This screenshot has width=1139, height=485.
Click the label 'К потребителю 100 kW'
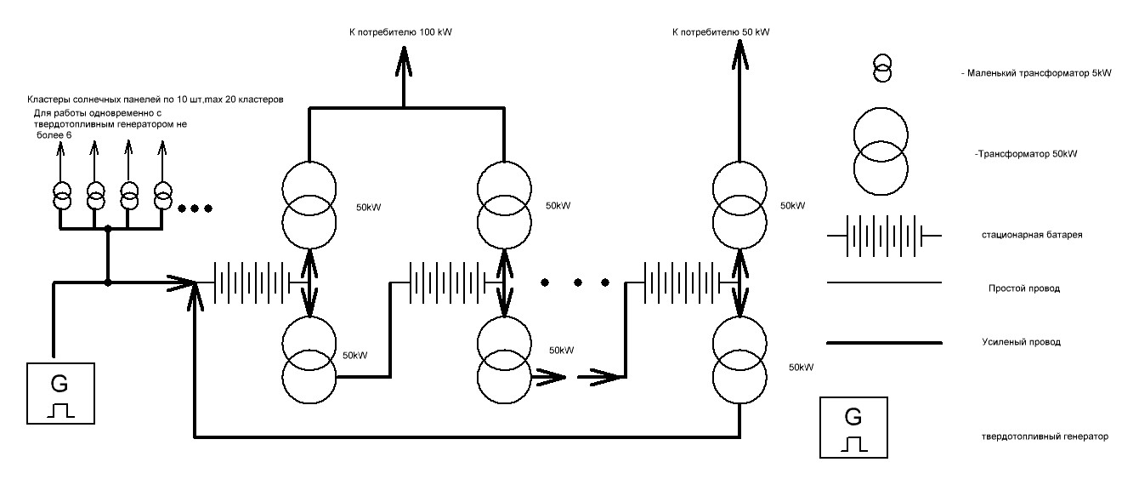(x=400, y=32)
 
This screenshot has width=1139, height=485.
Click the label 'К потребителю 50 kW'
(x=721, y=32)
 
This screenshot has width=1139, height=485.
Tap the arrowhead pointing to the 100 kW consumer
(x=404, y=61)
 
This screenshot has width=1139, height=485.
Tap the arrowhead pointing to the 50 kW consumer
(x=739, y=55)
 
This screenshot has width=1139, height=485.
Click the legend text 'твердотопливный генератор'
(x=1045, y=436)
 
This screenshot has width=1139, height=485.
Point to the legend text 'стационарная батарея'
(x=1032, y=235)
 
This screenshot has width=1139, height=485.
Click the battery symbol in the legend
(x=884, y=237)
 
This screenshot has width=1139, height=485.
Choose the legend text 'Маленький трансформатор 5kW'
(x=1036, y=73)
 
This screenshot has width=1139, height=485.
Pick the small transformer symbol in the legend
(x=882, y=68)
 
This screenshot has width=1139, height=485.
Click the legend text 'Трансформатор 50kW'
(x=1026, y=154)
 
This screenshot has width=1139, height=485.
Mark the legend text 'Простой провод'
(x=1024, y=288)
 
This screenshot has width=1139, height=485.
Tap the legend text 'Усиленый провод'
(x=1021, y=342)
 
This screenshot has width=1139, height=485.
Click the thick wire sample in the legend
(x=884, y=343)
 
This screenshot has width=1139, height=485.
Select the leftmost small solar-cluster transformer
(x=62, y=197)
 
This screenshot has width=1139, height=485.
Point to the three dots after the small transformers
(x=195, y=208)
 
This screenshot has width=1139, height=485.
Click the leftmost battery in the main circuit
(x=252, y=282)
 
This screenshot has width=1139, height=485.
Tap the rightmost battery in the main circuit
(x=683, y=282)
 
